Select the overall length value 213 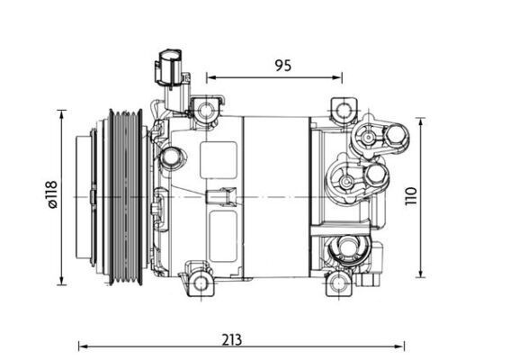232,340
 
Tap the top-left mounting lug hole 206,111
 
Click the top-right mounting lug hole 343,111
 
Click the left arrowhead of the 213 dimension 82,344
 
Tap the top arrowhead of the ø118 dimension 62,112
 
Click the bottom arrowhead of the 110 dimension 420,274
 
